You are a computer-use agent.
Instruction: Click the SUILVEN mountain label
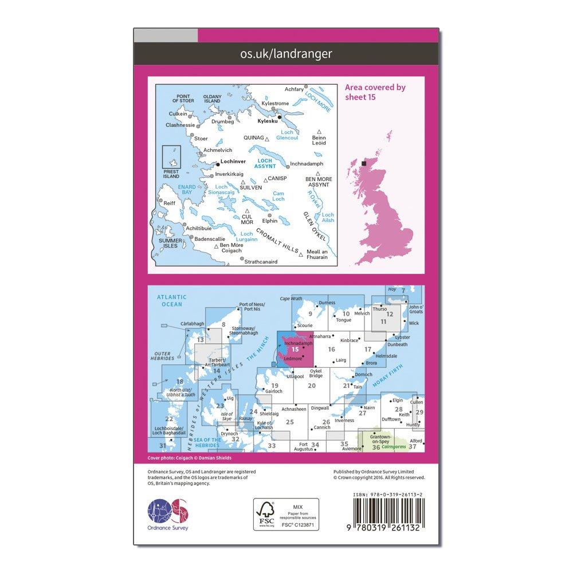pos(251,187)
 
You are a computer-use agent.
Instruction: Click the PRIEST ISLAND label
pos(171,174)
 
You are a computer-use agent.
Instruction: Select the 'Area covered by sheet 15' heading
pos(375,92)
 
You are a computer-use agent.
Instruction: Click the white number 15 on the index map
pos(295,349)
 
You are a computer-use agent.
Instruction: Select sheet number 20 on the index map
pos(311,386)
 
